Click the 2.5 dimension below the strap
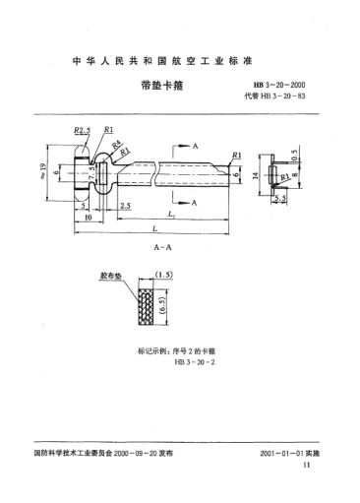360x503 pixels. pos(127,207)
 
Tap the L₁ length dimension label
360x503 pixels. pos(174,216)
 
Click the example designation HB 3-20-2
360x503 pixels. pos(165,363)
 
